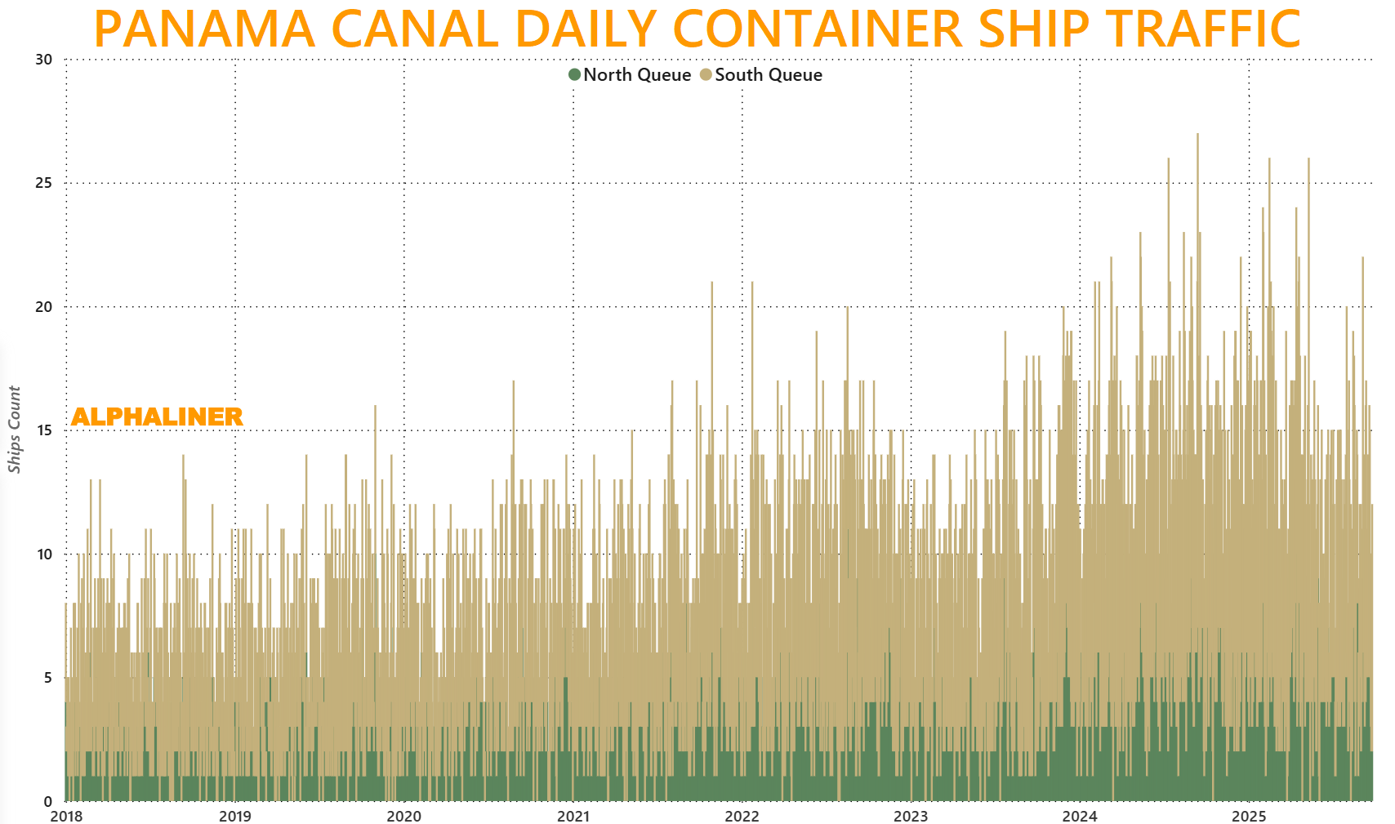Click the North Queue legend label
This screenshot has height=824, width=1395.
637,75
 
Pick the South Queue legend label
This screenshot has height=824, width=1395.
769,75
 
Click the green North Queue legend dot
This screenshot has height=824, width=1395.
575,75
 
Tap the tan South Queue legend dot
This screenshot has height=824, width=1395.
706,75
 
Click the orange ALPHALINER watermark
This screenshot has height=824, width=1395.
157,416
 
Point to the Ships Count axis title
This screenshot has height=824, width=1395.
14,430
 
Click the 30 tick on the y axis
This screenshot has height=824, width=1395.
43,60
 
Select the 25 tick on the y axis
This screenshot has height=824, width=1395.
43,183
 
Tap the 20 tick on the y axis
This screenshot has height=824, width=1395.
43,307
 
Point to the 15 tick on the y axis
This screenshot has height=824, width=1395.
43,430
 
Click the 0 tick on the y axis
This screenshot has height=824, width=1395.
48,801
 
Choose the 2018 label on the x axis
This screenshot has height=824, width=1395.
66,816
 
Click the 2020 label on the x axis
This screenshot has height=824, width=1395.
403,816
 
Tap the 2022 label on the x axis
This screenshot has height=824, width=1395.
742,816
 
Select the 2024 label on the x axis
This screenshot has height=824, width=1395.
1080,816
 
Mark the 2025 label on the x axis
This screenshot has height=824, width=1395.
1249,816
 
